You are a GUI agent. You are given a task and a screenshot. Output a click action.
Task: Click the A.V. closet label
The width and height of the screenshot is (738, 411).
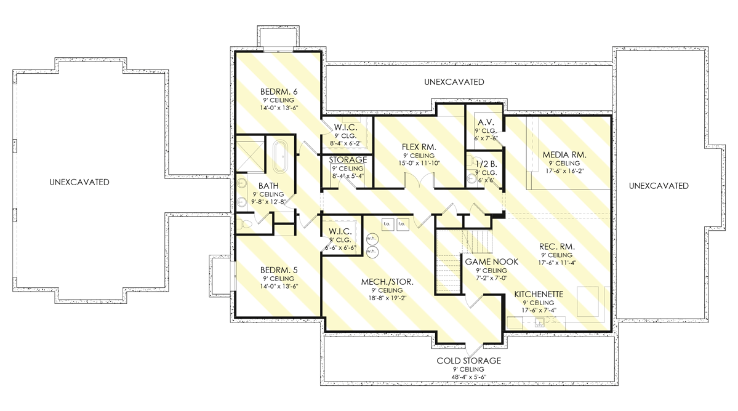pyautogui.click(x=484, y=122)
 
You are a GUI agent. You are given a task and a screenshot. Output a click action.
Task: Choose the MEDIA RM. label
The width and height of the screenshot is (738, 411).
pyautogui.click(x=564, y=154)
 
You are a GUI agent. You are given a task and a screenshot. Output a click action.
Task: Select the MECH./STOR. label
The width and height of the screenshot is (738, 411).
pyautogui.click(x=387, y=282)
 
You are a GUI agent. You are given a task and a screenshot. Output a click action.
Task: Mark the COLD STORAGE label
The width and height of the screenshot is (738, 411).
pyautogui.click(x=468, y=361)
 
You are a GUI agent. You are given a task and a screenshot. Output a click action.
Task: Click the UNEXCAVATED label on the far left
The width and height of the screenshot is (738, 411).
pyautogui.click(x=81, y=182)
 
